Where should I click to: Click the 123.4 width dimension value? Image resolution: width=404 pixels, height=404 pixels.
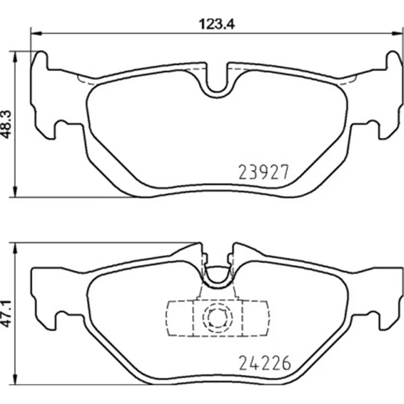217,24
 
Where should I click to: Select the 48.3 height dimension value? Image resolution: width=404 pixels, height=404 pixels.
7,124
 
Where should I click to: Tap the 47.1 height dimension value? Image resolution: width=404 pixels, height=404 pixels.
7,314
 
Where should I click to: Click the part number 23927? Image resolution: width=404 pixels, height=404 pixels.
263,172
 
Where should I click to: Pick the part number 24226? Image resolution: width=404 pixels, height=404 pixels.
265,363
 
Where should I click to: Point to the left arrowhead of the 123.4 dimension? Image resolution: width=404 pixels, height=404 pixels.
36,33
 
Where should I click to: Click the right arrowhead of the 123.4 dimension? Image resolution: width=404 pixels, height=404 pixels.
397,33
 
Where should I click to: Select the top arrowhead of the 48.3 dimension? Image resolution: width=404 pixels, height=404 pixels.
15,57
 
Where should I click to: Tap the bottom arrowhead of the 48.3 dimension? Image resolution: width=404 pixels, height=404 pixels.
15,192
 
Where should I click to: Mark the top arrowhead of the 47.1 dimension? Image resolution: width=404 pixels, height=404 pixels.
15,248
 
